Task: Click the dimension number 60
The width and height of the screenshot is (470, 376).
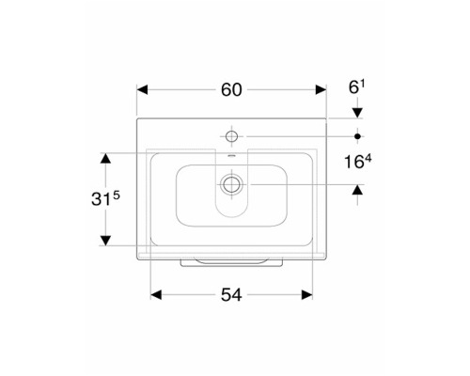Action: pos(231,90)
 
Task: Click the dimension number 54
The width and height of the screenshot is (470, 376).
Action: pos(231,295)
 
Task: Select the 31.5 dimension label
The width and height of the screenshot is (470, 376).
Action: pos(105,198)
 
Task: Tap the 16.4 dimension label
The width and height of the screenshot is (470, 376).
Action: pos(357,162)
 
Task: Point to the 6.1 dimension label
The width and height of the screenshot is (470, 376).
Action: pos(357,87)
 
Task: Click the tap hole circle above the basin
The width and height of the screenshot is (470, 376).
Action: pos(231,136)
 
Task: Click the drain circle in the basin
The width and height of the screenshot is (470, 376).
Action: pos(231,184)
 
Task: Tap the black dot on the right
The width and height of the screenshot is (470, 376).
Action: pos(357,136)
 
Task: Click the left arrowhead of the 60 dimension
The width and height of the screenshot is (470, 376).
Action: pos(142,90)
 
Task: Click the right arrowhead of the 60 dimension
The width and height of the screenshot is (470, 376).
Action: pos(321,90)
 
